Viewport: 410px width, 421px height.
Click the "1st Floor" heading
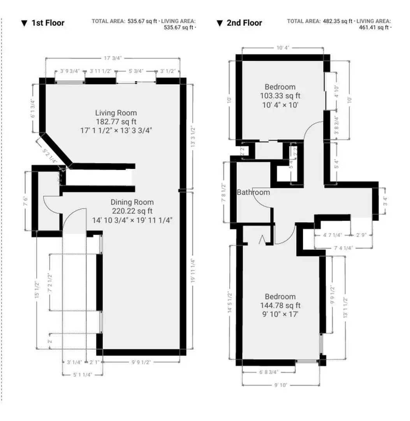(48, 23)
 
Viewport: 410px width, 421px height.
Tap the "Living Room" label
(116, 113)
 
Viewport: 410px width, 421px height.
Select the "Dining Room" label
(132, 202)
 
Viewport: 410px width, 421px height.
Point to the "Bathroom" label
(253, 192)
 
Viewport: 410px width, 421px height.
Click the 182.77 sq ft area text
(116, 122)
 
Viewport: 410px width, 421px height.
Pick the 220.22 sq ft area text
(132, 211)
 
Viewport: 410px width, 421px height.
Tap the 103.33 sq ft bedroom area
(280, 96)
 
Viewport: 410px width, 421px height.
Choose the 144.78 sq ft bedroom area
(280, 305)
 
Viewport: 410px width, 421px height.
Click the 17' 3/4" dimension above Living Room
(113, 58)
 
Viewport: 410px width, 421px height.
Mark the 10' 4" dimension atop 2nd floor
(283, 48)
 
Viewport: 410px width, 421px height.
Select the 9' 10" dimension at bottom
(281, 385)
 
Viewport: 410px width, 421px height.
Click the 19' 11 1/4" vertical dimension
(193, 273)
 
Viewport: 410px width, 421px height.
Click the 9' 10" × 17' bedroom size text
(280, 314)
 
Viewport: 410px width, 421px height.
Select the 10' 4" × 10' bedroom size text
(280, 104)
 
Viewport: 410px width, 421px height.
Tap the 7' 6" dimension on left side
(26, 201)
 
